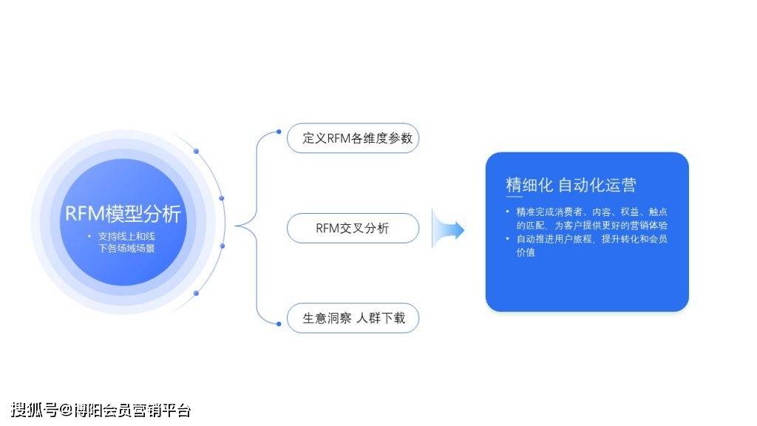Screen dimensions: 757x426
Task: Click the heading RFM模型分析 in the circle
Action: tap(123, 214)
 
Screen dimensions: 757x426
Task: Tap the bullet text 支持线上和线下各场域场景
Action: tap(126, 242)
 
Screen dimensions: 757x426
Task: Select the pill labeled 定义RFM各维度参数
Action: tap(353, 138)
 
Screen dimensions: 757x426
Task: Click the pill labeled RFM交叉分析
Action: tap(353, 228)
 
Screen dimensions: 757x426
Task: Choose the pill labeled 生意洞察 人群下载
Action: tap(353, 318)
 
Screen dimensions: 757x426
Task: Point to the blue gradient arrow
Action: tap(447, 229)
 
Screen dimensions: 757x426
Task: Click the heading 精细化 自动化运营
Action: tap(571, 184)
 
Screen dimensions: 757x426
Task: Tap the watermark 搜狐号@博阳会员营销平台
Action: tap(101, 410)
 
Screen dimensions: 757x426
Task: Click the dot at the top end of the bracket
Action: tap(279, 132)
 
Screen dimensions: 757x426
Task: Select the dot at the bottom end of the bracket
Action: tap(279, 324)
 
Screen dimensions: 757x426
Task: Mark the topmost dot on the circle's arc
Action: tap(196, 151)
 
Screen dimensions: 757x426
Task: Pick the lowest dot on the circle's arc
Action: tap(196, 293)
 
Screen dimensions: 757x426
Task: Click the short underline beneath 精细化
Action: tap(514, 197)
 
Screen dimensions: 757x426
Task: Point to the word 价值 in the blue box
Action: tap(526, 252)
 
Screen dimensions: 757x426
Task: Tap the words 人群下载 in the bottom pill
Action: tap(381, 318)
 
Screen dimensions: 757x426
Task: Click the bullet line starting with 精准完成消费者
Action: tap(587, 218)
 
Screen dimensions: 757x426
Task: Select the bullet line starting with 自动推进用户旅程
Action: tap(587, 246)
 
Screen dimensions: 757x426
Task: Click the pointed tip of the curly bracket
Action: tap(236, 226)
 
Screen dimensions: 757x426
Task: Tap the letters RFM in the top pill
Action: tap(339, 138)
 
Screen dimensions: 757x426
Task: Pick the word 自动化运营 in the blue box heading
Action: tap(597, 184)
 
